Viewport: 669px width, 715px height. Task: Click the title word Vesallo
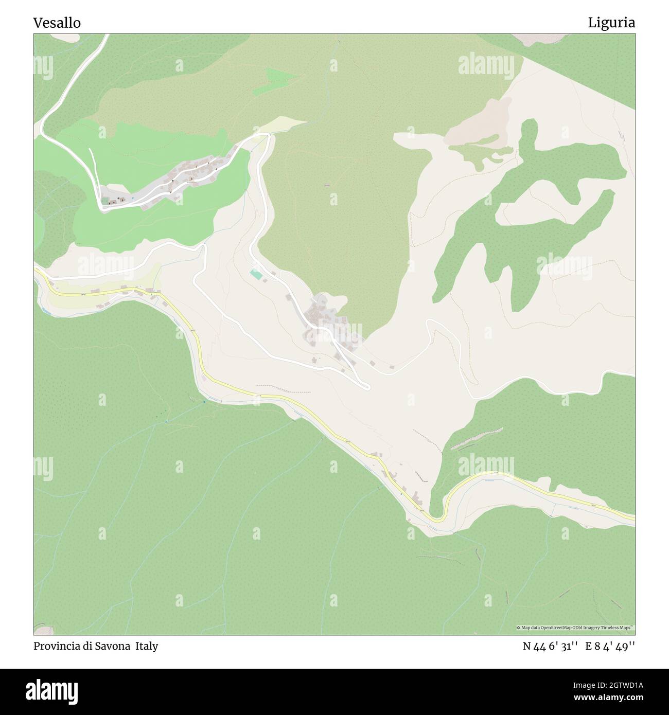pos(57,23)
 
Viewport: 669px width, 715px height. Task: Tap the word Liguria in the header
pos(611,23)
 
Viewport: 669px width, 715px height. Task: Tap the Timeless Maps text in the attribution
pos(621,628)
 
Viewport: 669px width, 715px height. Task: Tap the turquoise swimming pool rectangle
pos(255,275)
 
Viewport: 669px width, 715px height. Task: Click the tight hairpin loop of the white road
pos(366,386)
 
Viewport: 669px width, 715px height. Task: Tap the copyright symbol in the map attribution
pos(519,628)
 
